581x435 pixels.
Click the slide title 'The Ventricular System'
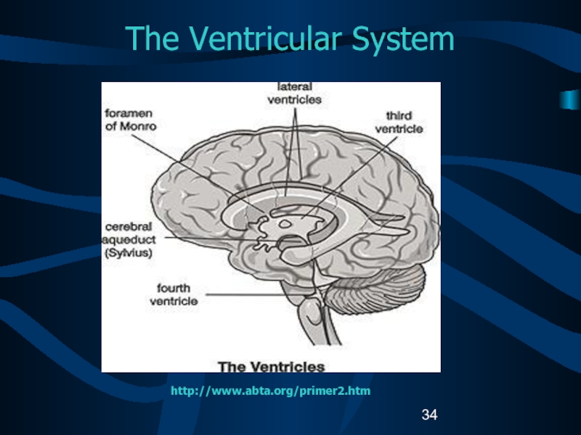click(x=290, y=38)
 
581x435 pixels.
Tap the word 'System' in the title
click(x=403, y=38)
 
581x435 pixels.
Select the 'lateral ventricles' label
click(x=295, y=94)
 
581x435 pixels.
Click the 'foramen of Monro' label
click(x=131, y=120)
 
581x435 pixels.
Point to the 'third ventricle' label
click(x=399, y=122)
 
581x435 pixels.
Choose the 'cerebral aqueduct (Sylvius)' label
click(x=129, y=240)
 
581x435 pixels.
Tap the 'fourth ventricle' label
click(x=174, y=294)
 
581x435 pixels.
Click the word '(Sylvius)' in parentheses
click(x=129, y=253)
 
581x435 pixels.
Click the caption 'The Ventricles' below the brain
click(x=271, y=367)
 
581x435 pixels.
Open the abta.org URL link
click(x=270, y=391)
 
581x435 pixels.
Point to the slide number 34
click(x=429, y=415)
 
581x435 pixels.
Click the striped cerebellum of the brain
click(x=376, y=291)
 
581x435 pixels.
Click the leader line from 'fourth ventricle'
click(x=244, y=295)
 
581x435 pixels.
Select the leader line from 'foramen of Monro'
click(x=198, y=173)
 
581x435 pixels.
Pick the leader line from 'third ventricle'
click(x=349, y=178)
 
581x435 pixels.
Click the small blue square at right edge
click(x=570, y=99)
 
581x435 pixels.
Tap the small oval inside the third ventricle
click(x=285, y=224)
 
